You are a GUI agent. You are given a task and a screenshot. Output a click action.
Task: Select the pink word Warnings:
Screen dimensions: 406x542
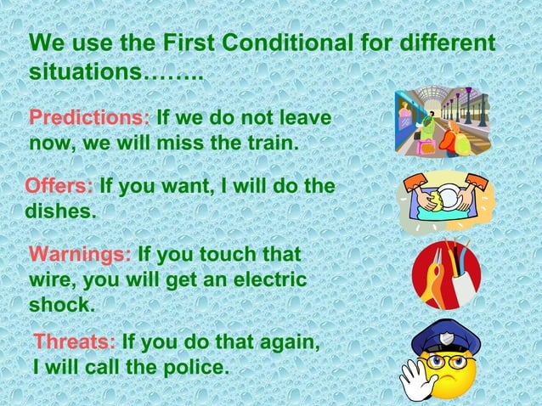tap(80, 255)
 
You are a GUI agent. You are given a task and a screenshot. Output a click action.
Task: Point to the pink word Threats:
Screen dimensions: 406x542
tap(75, 342)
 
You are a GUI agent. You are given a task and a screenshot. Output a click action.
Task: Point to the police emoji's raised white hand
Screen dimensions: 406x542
tap(417, 379)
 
